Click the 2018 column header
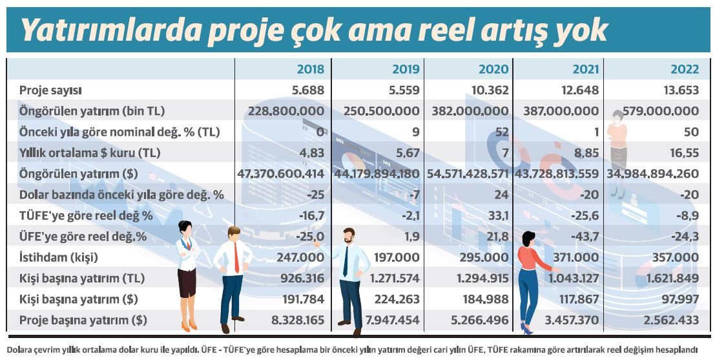pyautogui.click(x=310, y=69)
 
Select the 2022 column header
pyautogui.click(x=684, y=69)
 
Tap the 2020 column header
pyautogui.click(x=493, y=69)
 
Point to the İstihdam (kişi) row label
pyautogui.click(x=59, y=258)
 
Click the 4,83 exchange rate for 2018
pyautogui.click(x=309, y=153)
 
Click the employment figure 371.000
pyautogui.click(x=574, y=258)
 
